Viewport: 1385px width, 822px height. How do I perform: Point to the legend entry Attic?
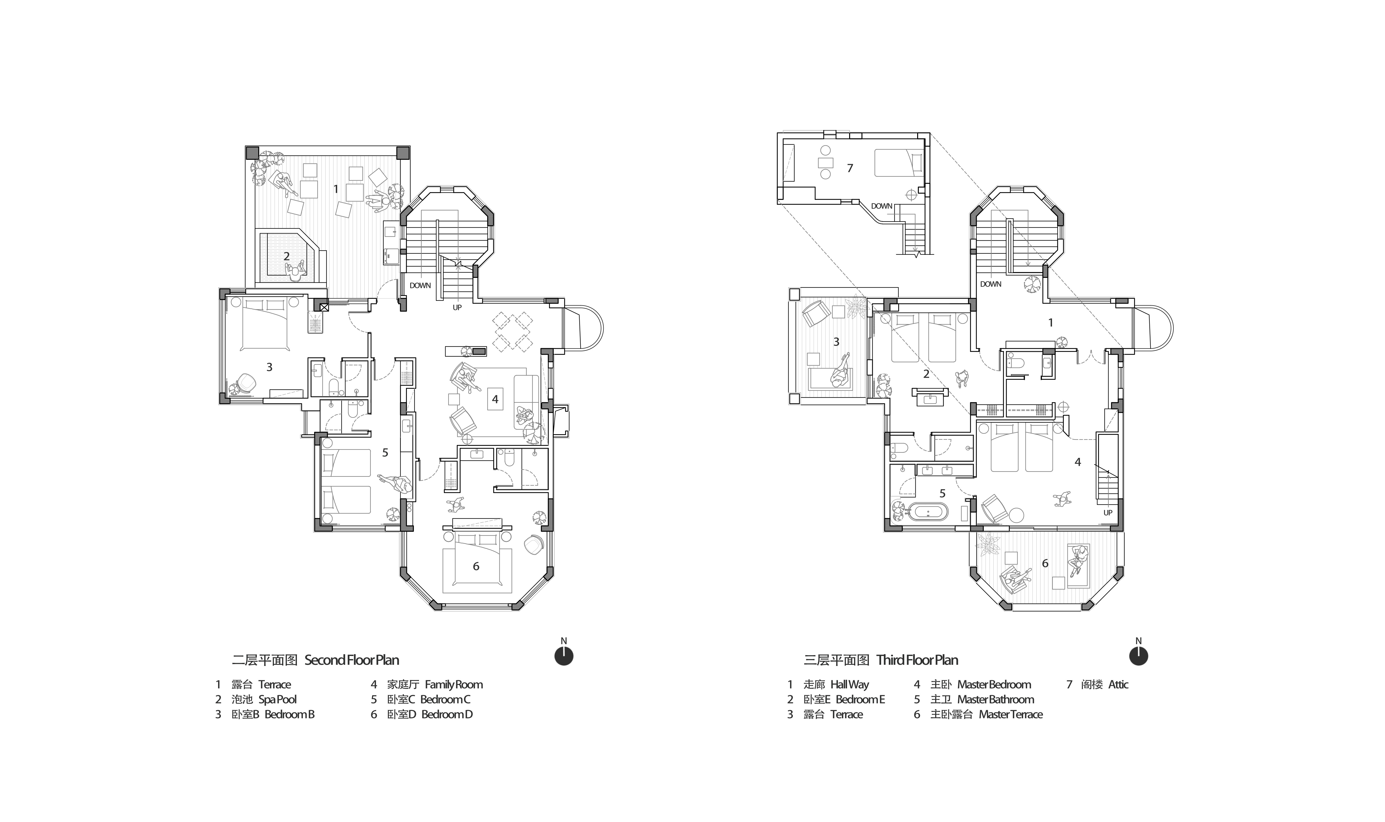[x=1097, y=685]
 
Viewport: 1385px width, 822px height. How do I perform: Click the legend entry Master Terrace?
[x=978, y=714]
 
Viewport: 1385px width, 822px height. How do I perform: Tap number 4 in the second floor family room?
[x=495, y=399]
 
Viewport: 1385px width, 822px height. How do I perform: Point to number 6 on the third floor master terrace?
[x=1045, y=563]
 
